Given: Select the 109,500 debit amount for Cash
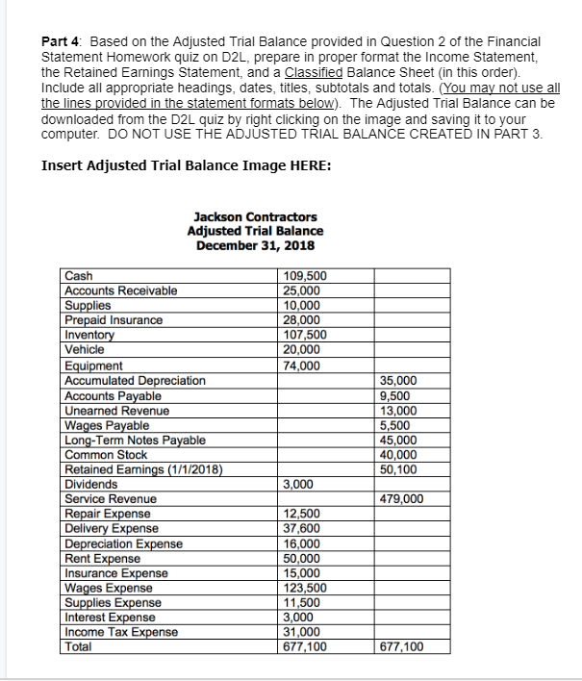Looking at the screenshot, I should point(303,276).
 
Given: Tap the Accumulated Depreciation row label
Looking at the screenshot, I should point(134,380).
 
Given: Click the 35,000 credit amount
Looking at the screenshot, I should point(399,380).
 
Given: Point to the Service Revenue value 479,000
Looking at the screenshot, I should point(402,499).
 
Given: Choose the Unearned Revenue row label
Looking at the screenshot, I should point(116,411).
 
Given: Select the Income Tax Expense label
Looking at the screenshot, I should point(120,632).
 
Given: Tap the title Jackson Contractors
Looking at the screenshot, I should point(255,217).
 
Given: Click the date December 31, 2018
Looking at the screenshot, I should point(255,245).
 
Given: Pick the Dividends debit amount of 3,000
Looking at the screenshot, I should point(299,485).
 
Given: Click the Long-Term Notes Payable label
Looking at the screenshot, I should point(134,440).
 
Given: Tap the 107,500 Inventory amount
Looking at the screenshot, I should point(305,335).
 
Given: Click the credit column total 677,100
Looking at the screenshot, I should point(402,647).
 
